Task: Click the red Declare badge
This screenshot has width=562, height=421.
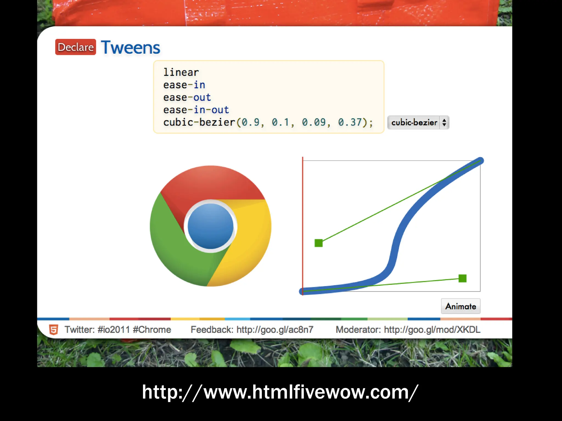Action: (x=75, y=47)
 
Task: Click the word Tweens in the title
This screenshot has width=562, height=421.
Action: (x=131, y=48)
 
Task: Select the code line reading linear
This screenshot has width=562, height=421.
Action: (x=181, y=72)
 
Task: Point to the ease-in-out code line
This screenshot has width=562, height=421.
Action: (x=196, y=110)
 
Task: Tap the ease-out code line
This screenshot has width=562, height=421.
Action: (x=187, y=98)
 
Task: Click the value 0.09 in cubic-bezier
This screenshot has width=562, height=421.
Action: (x=314, y=122)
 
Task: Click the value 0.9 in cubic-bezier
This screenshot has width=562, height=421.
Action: (x=251, y=122)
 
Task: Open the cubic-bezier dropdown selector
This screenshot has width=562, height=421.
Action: (x=418, y=123)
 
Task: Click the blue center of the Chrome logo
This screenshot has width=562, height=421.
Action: (x=210, y=226)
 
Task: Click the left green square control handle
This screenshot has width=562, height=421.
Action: (x=319, y=243)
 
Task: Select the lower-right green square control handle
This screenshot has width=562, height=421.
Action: (x=462, y=278)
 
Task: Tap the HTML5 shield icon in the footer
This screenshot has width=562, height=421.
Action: (x=54, y=329)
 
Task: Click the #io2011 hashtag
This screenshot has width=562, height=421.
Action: (x=114, y=329)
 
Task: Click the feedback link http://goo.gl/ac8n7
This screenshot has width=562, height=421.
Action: (x=275, y=329)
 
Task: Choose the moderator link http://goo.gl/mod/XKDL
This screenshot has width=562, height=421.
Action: (x=432, y=329)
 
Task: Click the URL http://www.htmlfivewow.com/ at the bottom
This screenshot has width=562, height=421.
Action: (x=280, y=392)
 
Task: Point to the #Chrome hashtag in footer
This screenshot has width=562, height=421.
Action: (x=152, y=329)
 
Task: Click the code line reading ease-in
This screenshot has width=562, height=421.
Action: (x=184, y=85)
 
